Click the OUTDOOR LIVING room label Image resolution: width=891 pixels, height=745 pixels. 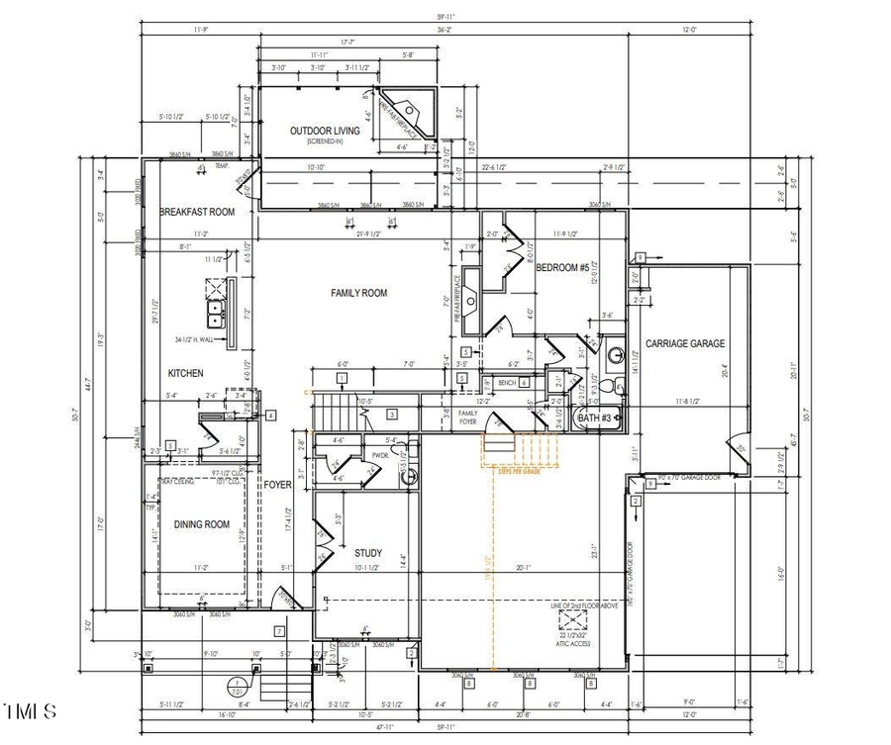(x=324, y=132)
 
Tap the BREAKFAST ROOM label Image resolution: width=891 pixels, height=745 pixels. (x=197, y=212)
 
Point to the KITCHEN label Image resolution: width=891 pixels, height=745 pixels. (x=185, y=373)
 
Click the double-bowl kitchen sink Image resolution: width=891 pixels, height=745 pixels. (x=214, y=314)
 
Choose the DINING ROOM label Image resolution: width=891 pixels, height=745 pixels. (x=202, y=525)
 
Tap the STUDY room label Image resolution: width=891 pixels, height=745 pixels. (x=368, y=552)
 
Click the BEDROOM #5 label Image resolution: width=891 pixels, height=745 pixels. (x=562, y=268)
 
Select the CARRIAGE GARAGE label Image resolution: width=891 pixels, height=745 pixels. (x=685, y=344)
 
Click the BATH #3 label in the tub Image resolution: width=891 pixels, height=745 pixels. (x=596, y=419)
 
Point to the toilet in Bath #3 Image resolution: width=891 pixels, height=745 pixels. (x=616, y=385)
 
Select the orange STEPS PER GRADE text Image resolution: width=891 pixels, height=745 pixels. (x=520, y=470)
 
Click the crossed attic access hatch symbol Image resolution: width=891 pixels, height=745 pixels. (x=572, y=619)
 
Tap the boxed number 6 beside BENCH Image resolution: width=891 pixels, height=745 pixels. (x=524, y=382)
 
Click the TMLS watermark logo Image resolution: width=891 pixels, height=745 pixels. (x=30, y=710)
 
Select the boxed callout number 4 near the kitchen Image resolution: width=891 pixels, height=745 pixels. (x=269, y=416)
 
